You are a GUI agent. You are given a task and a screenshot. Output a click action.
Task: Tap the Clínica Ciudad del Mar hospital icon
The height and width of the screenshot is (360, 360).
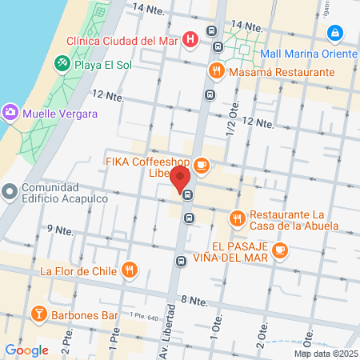click(x=190, y=39)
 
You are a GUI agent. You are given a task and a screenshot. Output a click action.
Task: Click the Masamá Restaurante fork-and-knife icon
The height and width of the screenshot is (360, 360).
click(x=217, y=71)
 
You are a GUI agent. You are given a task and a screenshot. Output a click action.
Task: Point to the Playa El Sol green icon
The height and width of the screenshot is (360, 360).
click(x=61, y=62)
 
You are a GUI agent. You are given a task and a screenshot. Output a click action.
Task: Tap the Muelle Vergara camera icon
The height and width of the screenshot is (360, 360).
click(x=10, y=111)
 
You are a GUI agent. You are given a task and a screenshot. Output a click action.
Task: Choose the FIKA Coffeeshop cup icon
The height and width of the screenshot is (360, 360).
click(x=201, y=166)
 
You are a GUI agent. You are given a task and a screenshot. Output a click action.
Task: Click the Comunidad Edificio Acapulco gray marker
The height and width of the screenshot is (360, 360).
click(x=10, y=191)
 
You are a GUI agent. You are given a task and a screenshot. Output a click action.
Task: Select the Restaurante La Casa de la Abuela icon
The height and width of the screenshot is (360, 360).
click(x=237, y=217)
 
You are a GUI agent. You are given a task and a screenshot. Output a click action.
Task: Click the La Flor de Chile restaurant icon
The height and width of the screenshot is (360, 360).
click(x=130, y=270)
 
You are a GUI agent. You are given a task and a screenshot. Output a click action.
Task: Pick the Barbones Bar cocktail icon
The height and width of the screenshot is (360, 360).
click(x=37, y=312)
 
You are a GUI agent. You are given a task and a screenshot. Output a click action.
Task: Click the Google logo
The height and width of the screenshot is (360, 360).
click(x=26, y=350)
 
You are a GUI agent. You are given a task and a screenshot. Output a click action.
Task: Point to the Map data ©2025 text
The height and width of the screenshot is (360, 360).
click(x=326, y=353)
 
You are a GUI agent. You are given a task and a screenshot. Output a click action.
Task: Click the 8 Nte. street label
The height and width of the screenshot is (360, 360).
click(x=194, y=301)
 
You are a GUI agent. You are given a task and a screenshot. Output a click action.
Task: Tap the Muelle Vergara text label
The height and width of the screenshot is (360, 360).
click(x=60, y=114)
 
